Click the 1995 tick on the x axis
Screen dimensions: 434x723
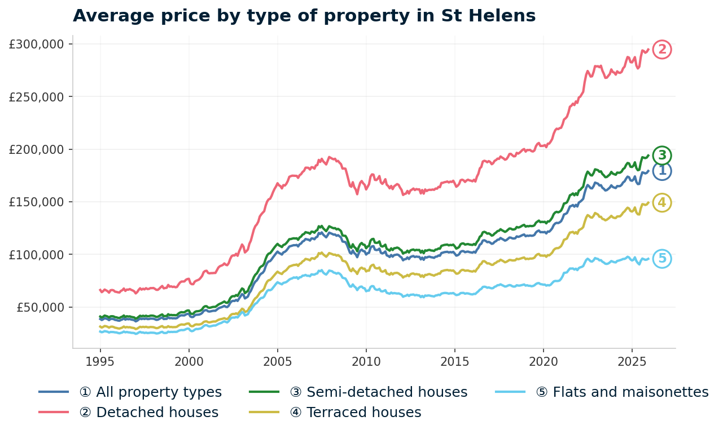(100, 361)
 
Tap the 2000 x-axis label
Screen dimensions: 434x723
(189, 361)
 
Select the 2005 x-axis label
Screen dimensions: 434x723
(277, 361)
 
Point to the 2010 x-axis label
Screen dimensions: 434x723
(366, 361)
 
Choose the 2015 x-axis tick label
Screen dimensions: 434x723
(454, 361)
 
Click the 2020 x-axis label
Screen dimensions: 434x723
(543, 361)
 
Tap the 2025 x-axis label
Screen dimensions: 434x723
(632, 361)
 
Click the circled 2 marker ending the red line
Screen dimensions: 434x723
(662, 50)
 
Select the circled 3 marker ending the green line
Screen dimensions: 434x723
(662, 155)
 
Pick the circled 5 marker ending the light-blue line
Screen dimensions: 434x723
(662, 259)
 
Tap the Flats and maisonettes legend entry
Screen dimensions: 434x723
(621, 392)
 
